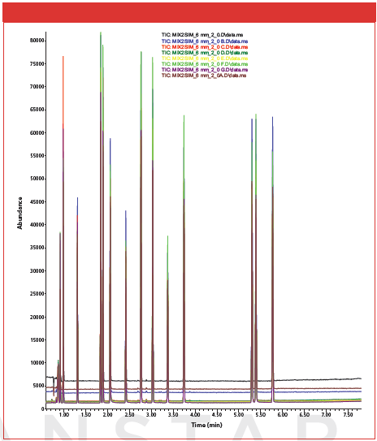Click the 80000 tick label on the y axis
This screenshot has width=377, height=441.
36,40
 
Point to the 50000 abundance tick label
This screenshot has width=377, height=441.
36,178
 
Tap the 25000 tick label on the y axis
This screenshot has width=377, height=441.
36,293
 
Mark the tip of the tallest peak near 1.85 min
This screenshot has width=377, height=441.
101,33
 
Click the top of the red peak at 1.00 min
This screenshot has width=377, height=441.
63,57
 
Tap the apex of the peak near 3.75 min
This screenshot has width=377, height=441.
184,115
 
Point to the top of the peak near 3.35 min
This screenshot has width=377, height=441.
167,236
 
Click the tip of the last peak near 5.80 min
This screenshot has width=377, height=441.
273,117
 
